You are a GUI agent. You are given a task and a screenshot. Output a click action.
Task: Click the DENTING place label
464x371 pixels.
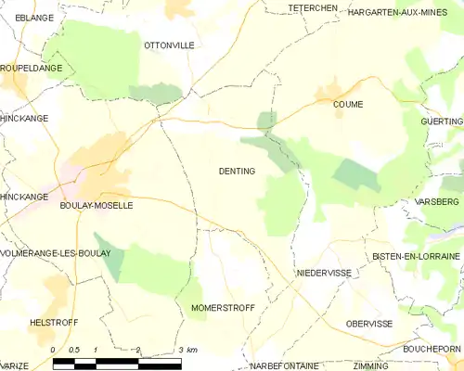[237, 171]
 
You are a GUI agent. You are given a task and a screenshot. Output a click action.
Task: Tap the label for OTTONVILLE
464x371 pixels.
[167, 45]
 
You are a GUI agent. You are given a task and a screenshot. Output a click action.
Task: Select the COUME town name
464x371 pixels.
[348, 105]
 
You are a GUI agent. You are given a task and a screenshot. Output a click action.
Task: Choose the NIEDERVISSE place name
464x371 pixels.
[323, 274]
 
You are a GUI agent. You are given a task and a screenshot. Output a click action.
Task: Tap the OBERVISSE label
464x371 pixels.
[368, 324]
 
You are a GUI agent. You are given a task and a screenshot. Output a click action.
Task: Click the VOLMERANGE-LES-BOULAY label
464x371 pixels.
[56, 252]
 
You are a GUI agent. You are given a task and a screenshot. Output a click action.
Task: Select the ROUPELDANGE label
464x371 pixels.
[32, 69]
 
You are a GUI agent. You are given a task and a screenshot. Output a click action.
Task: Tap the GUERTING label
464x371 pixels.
[441, 122]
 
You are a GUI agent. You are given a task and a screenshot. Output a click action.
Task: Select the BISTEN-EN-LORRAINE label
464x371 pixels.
[416, 256]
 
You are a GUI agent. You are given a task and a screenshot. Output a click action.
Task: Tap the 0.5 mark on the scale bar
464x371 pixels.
[74, 349]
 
